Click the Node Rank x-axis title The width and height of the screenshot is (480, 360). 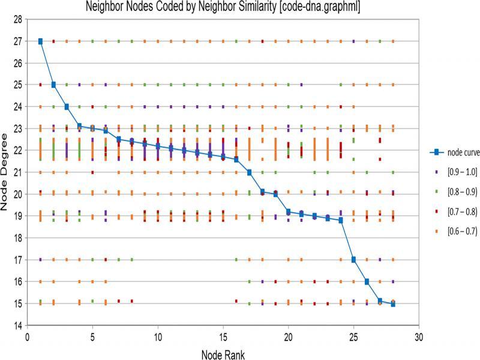(223, 355)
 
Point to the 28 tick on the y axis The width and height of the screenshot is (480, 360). (17, 20)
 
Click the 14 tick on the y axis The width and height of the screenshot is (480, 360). (17, 325)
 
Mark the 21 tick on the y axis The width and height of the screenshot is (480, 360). (17, 173)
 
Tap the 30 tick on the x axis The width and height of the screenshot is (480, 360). (419, 336)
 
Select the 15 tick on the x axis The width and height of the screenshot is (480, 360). (223, 336)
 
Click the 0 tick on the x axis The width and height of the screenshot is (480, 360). (28, 336)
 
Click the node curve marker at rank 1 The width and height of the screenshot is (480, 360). (40, 41)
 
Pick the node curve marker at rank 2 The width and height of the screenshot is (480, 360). (53, 85)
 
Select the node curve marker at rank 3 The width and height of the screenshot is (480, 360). (67, 107)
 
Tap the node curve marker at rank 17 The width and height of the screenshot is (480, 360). (249, 172)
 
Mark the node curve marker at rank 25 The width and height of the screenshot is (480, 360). (353, 260)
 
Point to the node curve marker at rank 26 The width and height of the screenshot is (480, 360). (367, 281)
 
